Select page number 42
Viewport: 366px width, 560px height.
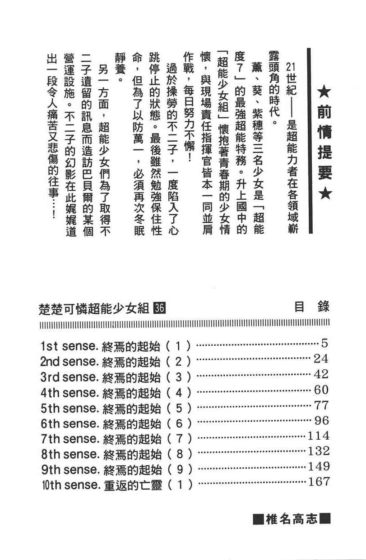321,374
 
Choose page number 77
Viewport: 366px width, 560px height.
321,405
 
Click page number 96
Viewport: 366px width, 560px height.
321,421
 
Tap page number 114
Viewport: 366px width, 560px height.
319,436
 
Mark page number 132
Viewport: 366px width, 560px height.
319,451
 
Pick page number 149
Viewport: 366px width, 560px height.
319,467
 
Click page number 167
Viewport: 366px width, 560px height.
319,482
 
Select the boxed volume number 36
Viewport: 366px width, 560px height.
160,308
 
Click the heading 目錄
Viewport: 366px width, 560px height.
311,308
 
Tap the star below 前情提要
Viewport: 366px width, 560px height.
324,195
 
